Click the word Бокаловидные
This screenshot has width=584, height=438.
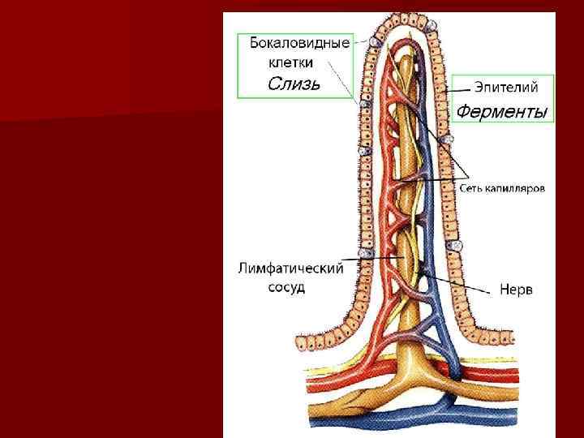299,43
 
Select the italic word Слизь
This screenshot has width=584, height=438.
294,83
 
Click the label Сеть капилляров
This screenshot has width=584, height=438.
502,187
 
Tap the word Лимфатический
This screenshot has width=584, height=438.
291,268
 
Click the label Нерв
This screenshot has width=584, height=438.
516,290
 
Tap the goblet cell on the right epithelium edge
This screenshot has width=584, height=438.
457,245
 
